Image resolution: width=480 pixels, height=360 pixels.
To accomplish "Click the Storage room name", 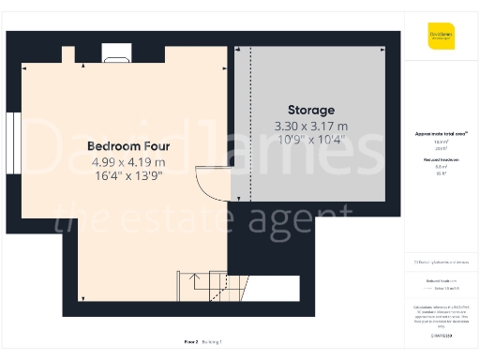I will (309, 110).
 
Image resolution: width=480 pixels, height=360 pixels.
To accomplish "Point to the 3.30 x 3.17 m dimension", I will (310, 126).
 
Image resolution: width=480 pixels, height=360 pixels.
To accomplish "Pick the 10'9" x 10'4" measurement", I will (310, 140).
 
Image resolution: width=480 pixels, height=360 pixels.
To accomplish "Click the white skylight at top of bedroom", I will (117, 58).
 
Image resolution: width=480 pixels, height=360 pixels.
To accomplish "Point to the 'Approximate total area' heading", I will (441, 134).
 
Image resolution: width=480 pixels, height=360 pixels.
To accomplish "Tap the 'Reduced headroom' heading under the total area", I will (441, 161).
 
